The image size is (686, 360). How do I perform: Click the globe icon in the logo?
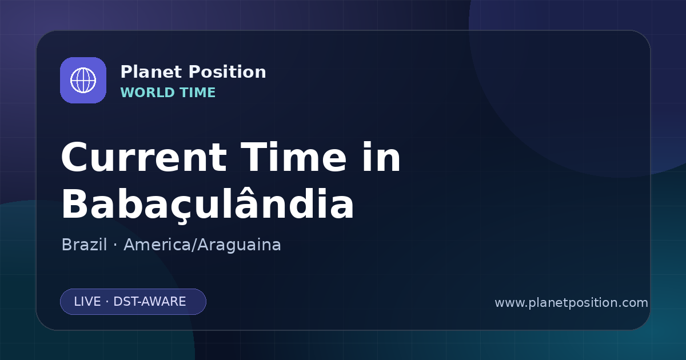pyautogui.click(x=83, y=80)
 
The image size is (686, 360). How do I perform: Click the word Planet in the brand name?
pyautogui.click(x=151, y=72)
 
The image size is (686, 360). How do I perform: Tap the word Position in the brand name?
pyautogui.click(x=228, y=72)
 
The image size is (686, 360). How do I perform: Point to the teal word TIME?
pyautogui.click(x=198, y=93)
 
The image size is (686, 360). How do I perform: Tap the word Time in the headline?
pyautogui.click(x=293, y=157)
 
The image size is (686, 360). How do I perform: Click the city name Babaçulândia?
pyautogui.click(x=208, y=204)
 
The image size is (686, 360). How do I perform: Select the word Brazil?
pyautogui.click(x=84, y=245)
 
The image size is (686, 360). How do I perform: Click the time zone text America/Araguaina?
pyautogui.click(x=202, y=245)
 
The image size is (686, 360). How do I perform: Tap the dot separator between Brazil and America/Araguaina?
pyautogui.click(x=115, y=246)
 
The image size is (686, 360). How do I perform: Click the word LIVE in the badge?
pyautogui.click(x=87, y=302)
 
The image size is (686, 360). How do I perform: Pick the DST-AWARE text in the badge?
pyautogui.click(x=149, y=302)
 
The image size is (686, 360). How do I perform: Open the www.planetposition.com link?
pyautogui.click(x=571, y=303)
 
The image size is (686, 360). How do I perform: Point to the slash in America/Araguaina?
pyautogui.click(x=194, y=245)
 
